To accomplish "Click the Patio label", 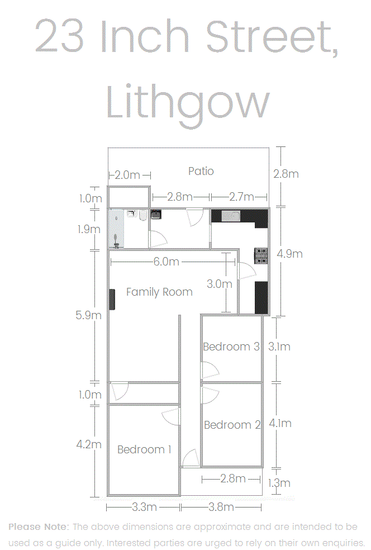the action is tap(201, 171).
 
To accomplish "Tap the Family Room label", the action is tap(159, 292).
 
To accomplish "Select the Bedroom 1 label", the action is tap(144, 449).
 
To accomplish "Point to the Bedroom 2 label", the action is tap(232, 425).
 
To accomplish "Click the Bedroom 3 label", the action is tap(231, 347).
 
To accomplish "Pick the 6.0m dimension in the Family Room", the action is tap(166, 262).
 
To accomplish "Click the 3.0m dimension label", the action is tap(220, 284).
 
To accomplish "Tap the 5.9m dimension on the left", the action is tap(88, 315).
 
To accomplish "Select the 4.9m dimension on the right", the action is tap(289, 254).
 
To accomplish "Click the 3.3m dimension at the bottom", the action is tap(144, 507).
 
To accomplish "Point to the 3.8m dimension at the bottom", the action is tap(221, 507).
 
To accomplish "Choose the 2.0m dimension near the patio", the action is tap(127, 175).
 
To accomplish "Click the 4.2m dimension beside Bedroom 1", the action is tap(89, 444).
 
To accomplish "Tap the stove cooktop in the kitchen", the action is tap(261, 255).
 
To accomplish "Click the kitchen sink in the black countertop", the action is tap(231, 216).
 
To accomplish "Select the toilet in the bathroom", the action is tap(142, 215).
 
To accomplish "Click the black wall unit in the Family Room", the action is tap(112, 299).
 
